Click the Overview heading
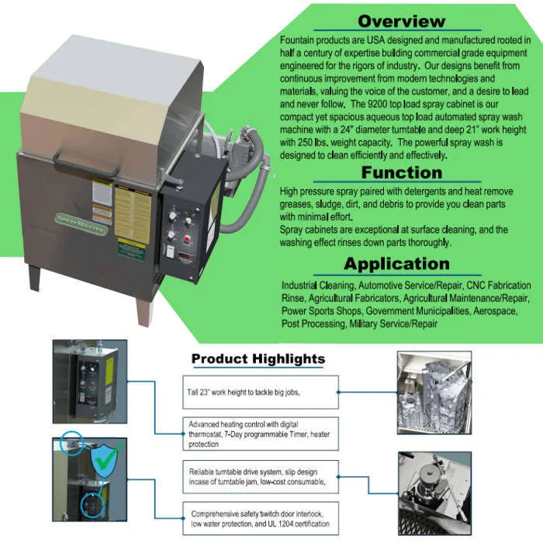point(401,21)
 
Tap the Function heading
point(401,172)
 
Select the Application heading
point(396,263)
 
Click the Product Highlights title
point(258,358)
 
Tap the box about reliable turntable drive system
point(262,476)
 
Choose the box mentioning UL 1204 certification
point(262,518)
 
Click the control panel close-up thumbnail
point(90,381)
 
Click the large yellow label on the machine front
point(133,213)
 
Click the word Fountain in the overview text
point(296,39)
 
